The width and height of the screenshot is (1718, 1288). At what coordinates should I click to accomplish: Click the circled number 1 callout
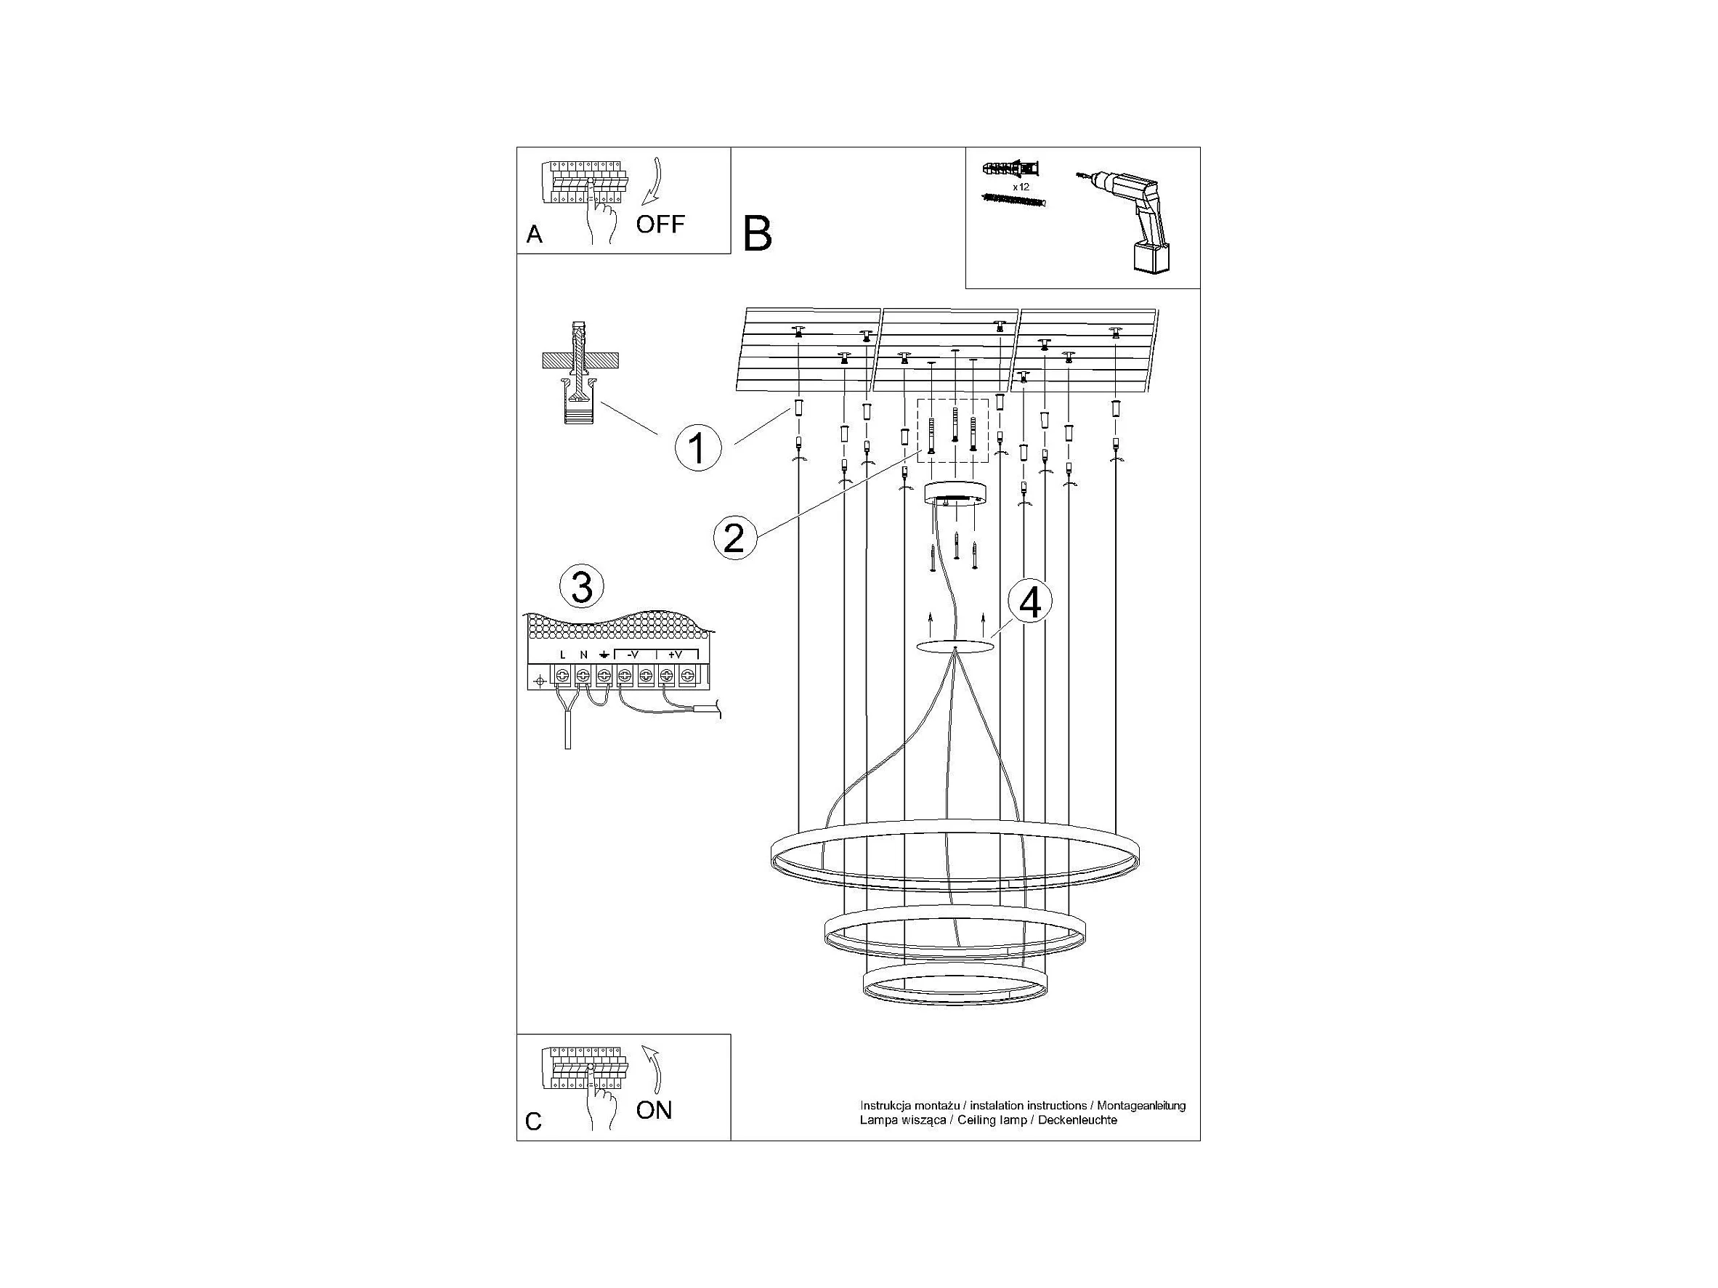point(697,448)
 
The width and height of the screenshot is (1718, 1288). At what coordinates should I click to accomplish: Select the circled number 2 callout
point(734,538)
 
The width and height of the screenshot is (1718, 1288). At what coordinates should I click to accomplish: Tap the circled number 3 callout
point(582,586)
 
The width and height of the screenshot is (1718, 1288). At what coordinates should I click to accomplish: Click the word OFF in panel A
point(660,224)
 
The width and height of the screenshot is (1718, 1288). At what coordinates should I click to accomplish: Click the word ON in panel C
point(654,1111)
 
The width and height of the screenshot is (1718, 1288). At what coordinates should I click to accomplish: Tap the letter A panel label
point(535,234)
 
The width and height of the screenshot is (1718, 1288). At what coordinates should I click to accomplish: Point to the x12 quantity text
point(1021,187)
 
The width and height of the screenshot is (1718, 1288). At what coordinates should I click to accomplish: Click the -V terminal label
point(632,655)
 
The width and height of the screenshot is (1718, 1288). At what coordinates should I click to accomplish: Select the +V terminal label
point(674,655)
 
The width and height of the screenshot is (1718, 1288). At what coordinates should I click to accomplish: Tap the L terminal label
point(563,655)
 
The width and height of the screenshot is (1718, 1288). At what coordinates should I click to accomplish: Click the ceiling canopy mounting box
point(955,493)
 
